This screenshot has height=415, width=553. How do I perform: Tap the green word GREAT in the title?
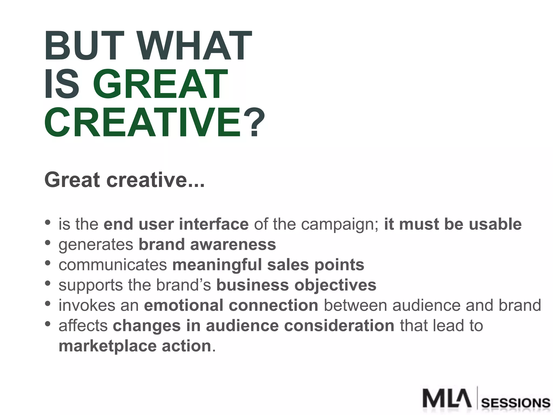pyautogui.click(x=160, y=84)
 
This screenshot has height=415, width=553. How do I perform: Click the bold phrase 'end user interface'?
pyautogui.click(x=176, y=224)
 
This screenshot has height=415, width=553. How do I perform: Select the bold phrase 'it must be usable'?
pyautogui.click(x=453, y=224)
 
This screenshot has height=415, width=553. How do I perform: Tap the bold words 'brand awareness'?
pyautogui.click(x=207, y=245)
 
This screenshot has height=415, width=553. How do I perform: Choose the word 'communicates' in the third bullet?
pyautogui.click(x=113, y=265)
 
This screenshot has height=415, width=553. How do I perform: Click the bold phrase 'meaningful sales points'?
pyautogui.click(x=268, y=265)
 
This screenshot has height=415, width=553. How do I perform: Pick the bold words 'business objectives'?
pyautogui.click(x=296, y=285)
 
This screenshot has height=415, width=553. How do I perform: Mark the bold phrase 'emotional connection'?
pyautogui.click(x=231, y=306)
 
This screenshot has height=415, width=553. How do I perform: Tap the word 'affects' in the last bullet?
pyautogui.click(x=83, y=326)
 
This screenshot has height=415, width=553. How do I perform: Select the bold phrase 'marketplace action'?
pyautogui.click(x=135, y=346)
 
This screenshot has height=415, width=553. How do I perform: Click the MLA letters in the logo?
pyautogui.click(x=447, y=398)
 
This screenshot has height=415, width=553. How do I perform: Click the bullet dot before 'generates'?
pyautogui.click(x=48, y=243)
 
